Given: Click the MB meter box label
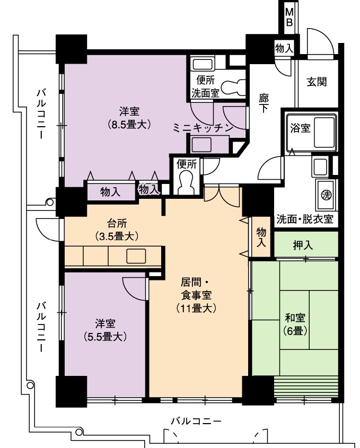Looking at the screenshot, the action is [289, 17].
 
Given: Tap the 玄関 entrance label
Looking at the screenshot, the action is [317, 82].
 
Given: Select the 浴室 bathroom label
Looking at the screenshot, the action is [300, 128].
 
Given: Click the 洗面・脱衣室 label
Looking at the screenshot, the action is [305, 219].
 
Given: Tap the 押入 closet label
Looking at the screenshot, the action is [303, 245].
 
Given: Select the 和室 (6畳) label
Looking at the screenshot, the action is [295, 324].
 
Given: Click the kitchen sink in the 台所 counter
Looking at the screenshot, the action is [136, 256].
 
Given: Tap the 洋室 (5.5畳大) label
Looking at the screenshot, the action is [105, 330].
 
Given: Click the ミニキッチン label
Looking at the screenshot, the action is [204, 128].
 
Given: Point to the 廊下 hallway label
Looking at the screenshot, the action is [264, 103].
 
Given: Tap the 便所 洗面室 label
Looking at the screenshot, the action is [205, 86].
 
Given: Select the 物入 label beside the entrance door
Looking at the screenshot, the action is [284, 48].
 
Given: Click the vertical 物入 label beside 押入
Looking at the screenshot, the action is [261, 237].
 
